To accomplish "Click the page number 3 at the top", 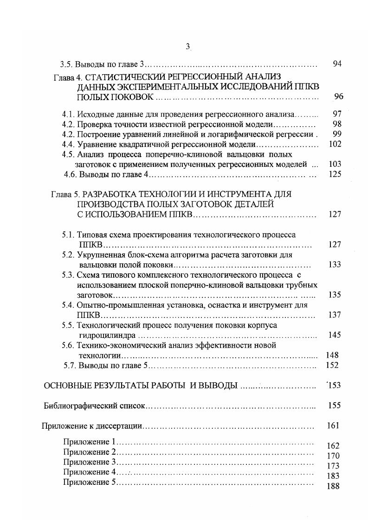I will [x=187, y=46].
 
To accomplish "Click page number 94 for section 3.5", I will [x=337, y=64].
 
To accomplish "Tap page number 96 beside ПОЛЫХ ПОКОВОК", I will [x=338, y=97].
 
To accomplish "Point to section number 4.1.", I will [x=68, y=114].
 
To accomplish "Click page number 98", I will [x=337, y=124].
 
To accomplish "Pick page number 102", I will [x=335, y=144].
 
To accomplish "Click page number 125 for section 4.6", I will [x=335, y=174].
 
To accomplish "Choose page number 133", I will [x=334, y=265].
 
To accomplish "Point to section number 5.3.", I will [x=68, y=275].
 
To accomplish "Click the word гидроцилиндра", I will [x=107, y=335].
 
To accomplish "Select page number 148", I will [x=332, y=355].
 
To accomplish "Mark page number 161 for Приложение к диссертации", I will [x=333, y=425].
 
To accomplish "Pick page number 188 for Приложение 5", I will [x=333, y=486].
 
